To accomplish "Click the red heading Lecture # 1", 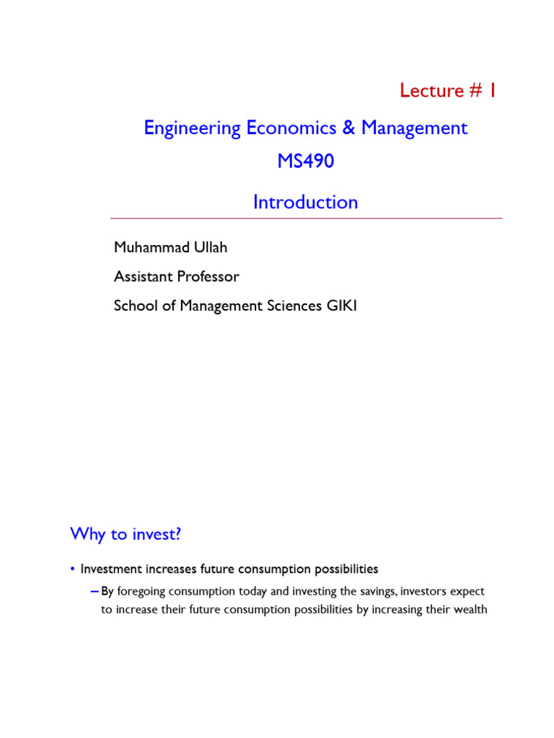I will coord(448,91).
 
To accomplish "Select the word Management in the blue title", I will coord(414,128).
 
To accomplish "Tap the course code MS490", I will coord(306,161).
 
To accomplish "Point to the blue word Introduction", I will coord(305,203).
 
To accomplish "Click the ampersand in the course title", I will coord(349,128).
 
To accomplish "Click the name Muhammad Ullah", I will coord(170,247).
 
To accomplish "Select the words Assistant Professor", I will coord(176,277).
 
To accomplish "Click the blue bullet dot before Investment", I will coord(73,569).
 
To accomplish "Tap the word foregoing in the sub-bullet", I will coord(146,592).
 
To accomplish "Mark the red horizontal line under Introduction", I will coord(306,218).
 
